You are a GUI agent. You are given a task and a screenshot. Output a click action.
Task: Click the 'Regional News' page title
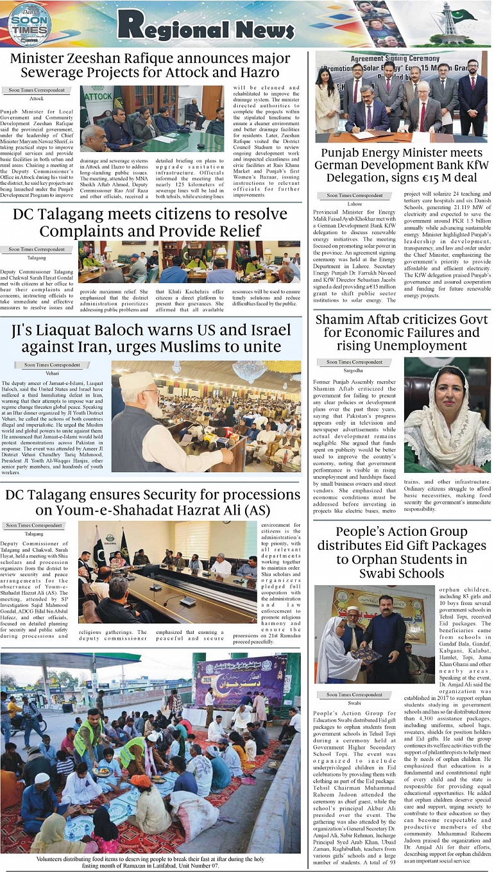205,25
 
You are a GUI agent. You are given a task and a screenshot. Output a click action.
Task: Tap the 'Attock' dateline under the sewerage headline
37,99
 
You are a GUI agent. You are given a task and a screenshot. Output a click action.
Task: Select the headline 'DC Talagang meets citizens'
149,222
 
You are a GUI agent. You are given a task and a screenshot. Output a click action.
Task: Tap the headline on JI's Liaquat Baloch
151,338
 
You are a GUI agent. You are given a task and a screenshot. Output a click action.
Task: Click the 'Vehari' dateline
52,373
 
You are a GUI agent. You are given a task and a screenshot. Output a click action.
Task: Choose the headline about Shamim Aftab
402,332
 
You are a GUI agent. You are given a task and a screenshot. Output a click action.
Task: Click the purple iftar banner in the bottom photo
241,680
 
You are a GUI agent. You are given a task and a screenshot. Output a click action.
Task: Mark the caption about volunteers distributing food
150,862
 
